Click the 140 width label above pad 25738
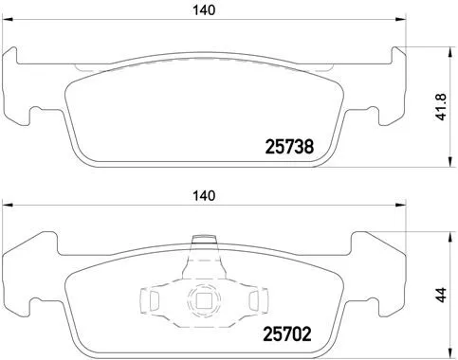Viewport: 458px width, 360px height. click(202, 10)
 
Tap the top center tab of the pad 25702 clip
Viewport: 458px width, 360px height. click(200, 243)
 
